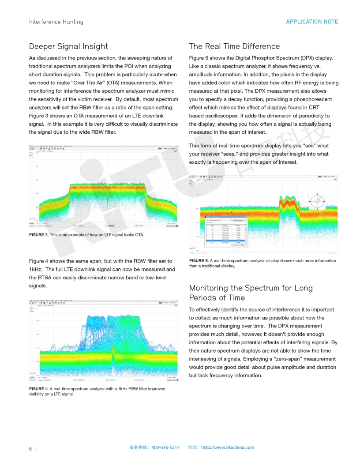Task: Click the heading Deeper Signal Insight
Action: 68,46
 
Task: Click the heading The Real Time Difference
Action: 234,46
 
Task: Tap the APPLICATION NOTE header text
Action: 312,22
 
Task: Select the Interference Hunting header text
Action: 56,22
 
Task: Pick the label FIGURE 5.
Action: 199,261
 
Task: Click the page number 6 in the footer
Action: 30,449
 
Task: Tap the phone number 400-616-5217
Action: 165,447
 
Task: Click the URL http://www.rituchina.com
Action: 228,447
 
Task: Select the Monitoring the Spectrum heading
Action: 251,288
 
